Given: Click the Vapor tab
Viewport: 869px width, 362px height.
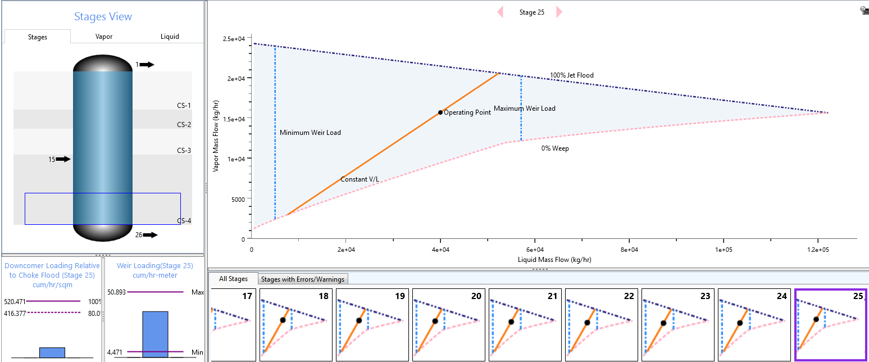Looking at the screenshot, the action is pyautogui.click(x=103, y=37).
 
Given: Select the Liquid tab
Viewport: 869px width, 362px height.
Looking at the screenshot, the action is pyautogui.click(x=170, y=37).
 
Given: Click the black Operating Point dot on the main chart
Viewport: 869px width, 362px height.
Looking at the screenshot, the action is pyautogui.click(x=440, y=112).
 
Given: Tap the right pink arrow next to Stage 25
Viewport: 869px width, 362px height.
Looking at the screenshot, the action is pyautogui.click(x=559, y=12).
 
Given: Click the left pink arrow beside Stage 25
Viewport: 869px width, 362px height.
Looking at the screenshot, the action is pyautogui.click(x=501, y=12).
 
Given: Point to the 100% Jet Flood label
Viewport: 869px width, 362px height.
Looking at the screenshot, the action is pyautogui.click(x=572, y=75).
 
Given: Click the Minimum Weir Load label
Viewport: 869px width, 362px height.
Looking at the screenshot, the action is pyautogui.click(x=310, y=133).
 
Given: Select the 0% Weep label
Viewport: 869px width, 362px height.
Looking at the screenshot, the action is pyautogui.click(x=555, y=148).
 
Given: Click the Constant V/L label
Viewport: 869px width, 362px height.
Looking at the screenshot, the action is pyautogui.click(x=360, y=179).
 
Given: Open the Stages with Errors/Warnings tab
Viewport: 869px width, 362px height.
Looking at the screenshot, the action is pyautogui.click(x=303, y=279).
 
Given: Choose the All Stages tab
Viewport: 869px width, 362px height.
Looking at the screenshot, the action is pyautogui.click(x=233, y=279).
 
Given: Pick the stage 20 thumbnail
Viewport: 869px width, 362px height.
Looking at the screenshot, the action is pyautogui.click(x=448, y=325).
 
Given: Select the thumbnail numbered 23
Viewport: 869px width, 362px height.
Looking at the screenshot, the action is pyautogui.click(x=678, y=325).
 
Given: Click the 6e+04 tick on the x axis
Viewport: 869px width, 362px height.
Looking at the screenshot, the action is pyautogui.click(x=535, y=250).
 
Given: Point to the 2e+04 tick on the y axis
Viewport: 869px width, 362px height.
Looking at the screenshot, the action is pyautogui.click(x=236, y=79).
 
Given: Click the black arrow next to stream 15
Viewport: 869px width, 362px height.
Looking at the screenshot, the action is pyautogui.click(x=63, y=159).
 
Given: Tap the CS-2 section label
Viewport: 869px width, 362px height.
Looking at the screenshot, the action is pyautogui.click(x=184, y=125).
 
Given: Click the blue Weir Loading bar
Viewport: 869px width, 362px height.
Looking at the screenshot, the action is pyautogui.click(x=155, y=334).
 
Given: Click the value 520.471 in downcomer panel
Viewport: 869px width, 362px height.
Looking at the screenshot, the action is pyautogui.click(x=15, y=301).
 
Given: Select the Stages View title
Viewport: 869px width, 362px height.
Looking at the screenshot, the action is pyautogui.click(x=103, y=17).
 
